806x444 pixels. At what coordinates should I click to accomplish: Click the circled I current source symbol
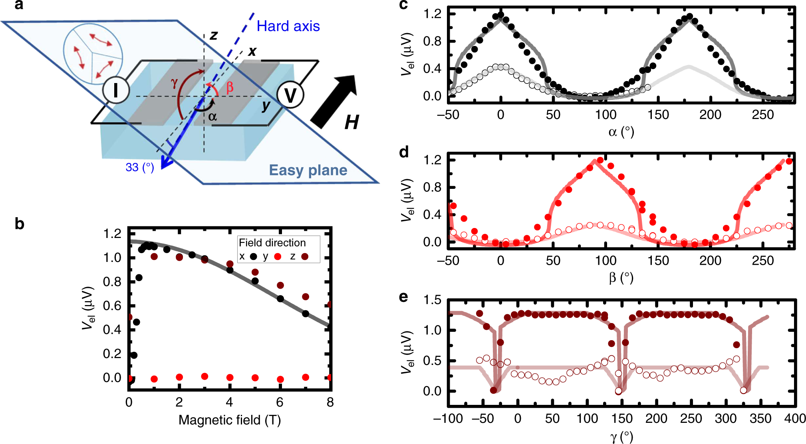pos(116,91)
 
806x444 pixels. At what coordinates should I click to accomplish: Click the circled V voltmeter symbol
pos(290,96)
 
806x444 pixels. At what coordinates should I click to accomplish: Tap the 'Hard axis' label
pos(288,26)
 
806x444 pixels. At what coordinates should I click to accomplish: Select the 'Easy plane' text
pos(308,170)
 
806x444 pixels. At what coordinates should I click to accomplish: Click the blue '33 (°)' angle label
pos(140,167)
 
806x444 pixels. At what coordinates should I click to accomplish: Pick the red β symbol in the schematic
pos(230,87)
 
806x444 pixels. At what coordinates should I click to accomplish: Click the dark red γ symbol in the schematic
pos(174,83)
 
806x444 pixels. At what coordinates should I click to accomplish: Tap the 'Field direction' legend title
pos(272,243)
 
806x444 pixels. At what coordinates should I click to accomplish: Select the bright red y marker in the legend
pos(278,256)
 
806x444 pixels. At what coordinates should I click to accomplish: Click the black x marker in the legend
pos(253,256)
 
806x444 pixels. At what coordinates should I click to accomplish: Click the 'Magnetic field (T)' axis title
pos(230,420)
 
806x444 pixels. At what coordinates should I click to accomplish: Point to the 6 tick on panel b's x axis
pos(280,402)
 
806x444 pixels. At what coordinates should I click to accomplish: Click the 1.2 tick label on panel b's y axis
pos(112,234)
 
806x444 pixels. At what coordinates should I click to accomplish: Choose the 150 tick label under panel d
pos(658,261)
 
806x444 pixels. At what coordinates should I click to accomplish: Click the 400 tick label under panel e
pos(794,418)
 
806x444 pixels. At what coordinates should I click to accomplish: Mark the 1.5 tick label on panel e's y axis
pos(432,300)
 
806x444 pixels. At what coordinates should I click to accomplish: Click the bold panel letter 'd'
pos(404,152)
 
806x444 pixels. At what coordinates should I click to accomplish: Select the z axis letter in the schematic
pos(214,36)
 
